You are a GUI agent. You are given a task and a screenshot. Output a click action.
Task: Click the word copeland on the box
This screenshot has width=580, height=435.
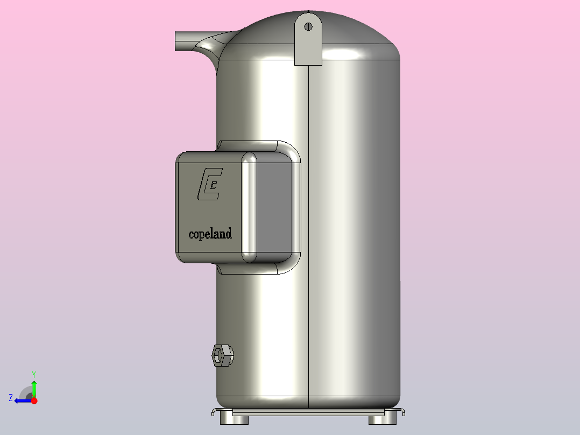click(210, 234)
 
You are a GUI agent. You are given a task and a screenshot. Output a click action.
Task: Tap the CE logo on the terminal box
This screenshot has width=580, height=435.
click(210, 184)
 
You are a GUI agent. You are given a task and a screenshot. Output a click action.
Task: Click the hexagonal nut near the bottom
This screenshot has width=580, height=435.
click(222, 355)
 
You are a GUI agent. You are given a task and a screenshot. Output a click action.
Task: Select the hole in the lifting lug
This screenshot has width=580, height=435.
click(308, 26)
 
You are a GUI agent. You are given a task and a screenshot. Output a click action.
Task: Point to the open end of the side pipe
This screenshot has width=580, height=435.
click(176, 41)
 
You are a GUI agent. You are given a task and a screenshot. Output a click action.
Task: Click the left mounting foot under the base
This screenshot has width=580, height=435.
click(234, 420)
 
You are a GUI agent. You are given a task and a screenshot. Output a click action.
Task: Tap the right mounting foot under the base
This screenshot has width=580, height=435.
click(383, 420)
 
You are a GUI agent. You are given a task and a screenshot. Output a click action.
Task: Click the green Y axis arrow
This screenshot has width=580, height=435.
click(34, 389)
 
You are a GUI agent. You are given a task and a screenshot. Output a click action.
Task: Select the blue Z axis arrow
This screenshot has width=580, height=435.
click(23, 401)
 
